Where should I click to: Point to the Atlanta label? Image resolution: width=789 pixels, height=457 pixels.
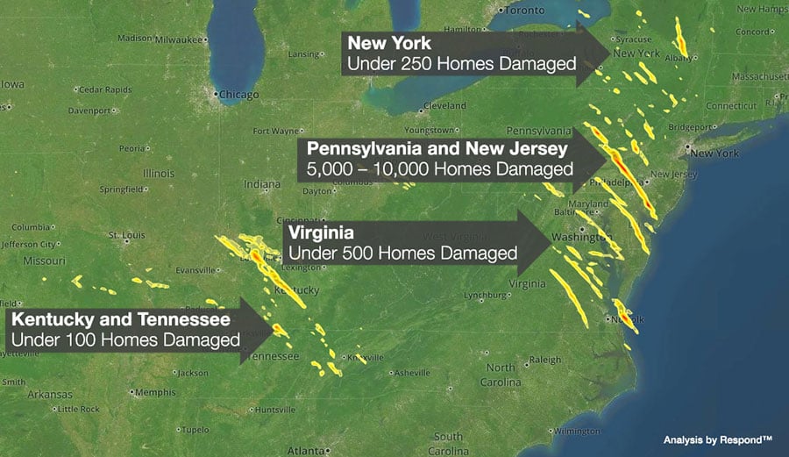point(305,450)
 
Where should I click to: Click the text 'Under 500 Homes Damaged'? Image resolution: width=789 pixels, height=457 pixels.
point(402,253)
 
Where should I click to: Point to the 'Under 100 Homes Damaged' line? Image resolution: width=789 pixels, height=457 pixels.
point(125,339)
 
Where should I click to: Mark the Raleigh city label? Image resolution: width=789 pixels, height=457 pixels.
point(544,360)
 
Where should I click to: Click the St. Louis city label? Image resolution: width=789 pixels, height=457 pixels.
point(124,235)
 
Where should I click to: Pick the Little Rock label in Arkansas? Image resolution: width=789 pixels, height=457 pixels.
point(79,409)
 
